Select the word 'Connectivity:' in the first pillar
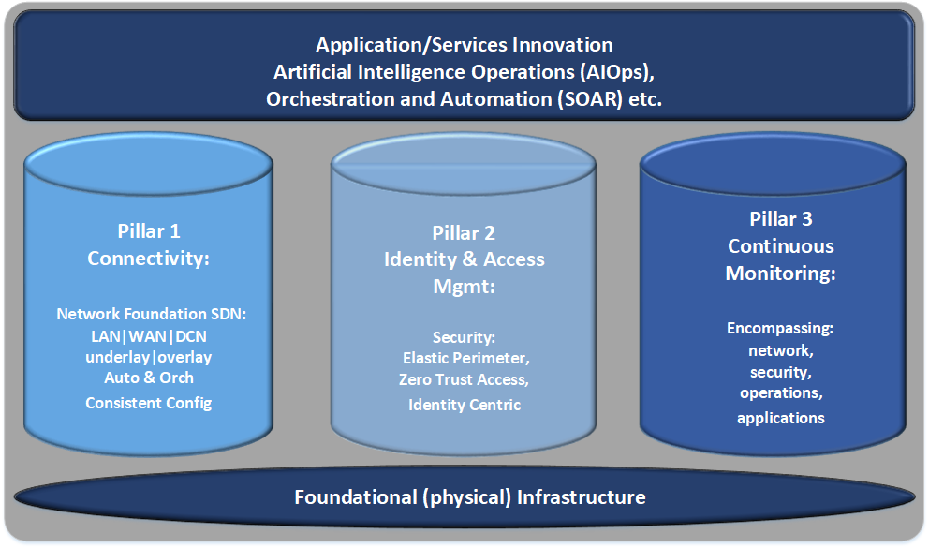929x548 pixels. pos(149,258)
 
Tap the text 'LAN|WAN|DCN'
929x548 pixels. pos(149,336)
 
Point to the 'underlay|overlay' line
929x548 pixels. pos(149,357)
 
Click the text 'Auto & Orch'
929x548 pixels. pos(149,378)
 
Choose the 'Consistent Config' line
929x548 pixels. pos(149,403)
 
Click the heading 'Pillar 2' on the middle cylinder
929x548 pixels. pos(464,233)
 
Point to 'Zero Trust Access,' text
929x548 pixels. pos(464,379)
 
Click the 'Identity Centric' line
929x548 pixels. pos(464,405)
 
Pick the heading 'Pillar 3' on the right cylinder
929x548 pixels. pos(780,219)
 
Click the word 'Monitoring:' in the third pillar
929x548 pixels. pos(780,274)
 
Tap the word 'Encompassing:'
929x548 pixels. pos(780,329)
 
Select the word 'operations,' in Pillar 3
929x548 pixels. pos(780,392)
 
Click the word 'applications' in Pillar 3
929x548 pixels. pos(780,418)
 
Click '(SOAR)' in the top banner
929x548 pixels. pos(589,98)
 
